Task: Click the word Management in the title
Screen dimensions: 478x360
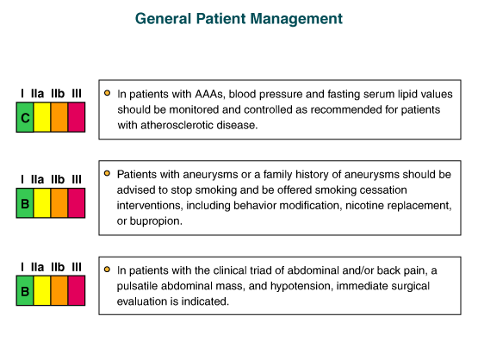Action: [296, 19]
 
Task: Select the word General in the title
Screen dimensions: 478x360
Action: [163, 19]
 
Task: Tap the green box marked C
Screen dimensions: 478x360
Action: [25, 117]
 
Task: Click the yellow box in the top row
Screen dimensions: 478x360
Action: [41, 117]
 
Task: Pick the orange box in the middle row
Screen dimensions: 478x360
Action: [59, 203]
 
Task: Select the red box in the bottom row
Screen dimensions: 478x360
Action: [77, 291]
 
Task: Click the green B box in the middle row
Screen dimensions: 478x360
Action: [25, 203]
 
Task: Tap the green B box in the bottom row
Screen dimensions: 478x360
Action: [25, 291]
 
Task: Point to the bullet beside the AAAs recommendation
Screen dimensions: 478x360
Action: [107, 93]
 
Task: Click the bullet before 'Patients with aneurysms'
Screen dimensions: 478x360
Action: [107, 173]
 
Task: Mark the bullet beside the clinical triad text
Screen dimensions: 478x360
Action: [107, 270]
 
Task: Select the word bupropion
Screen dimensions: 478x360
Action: [156, 221]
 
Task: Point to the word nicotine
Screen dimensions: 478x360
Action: [362, 206]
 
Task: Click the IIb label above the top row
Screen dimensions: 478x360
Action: [58, 93]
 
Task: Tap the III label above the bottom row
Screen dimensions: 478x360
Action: [77, 267]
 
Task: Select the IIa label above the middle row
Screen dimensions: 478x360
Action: [38, 179]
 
